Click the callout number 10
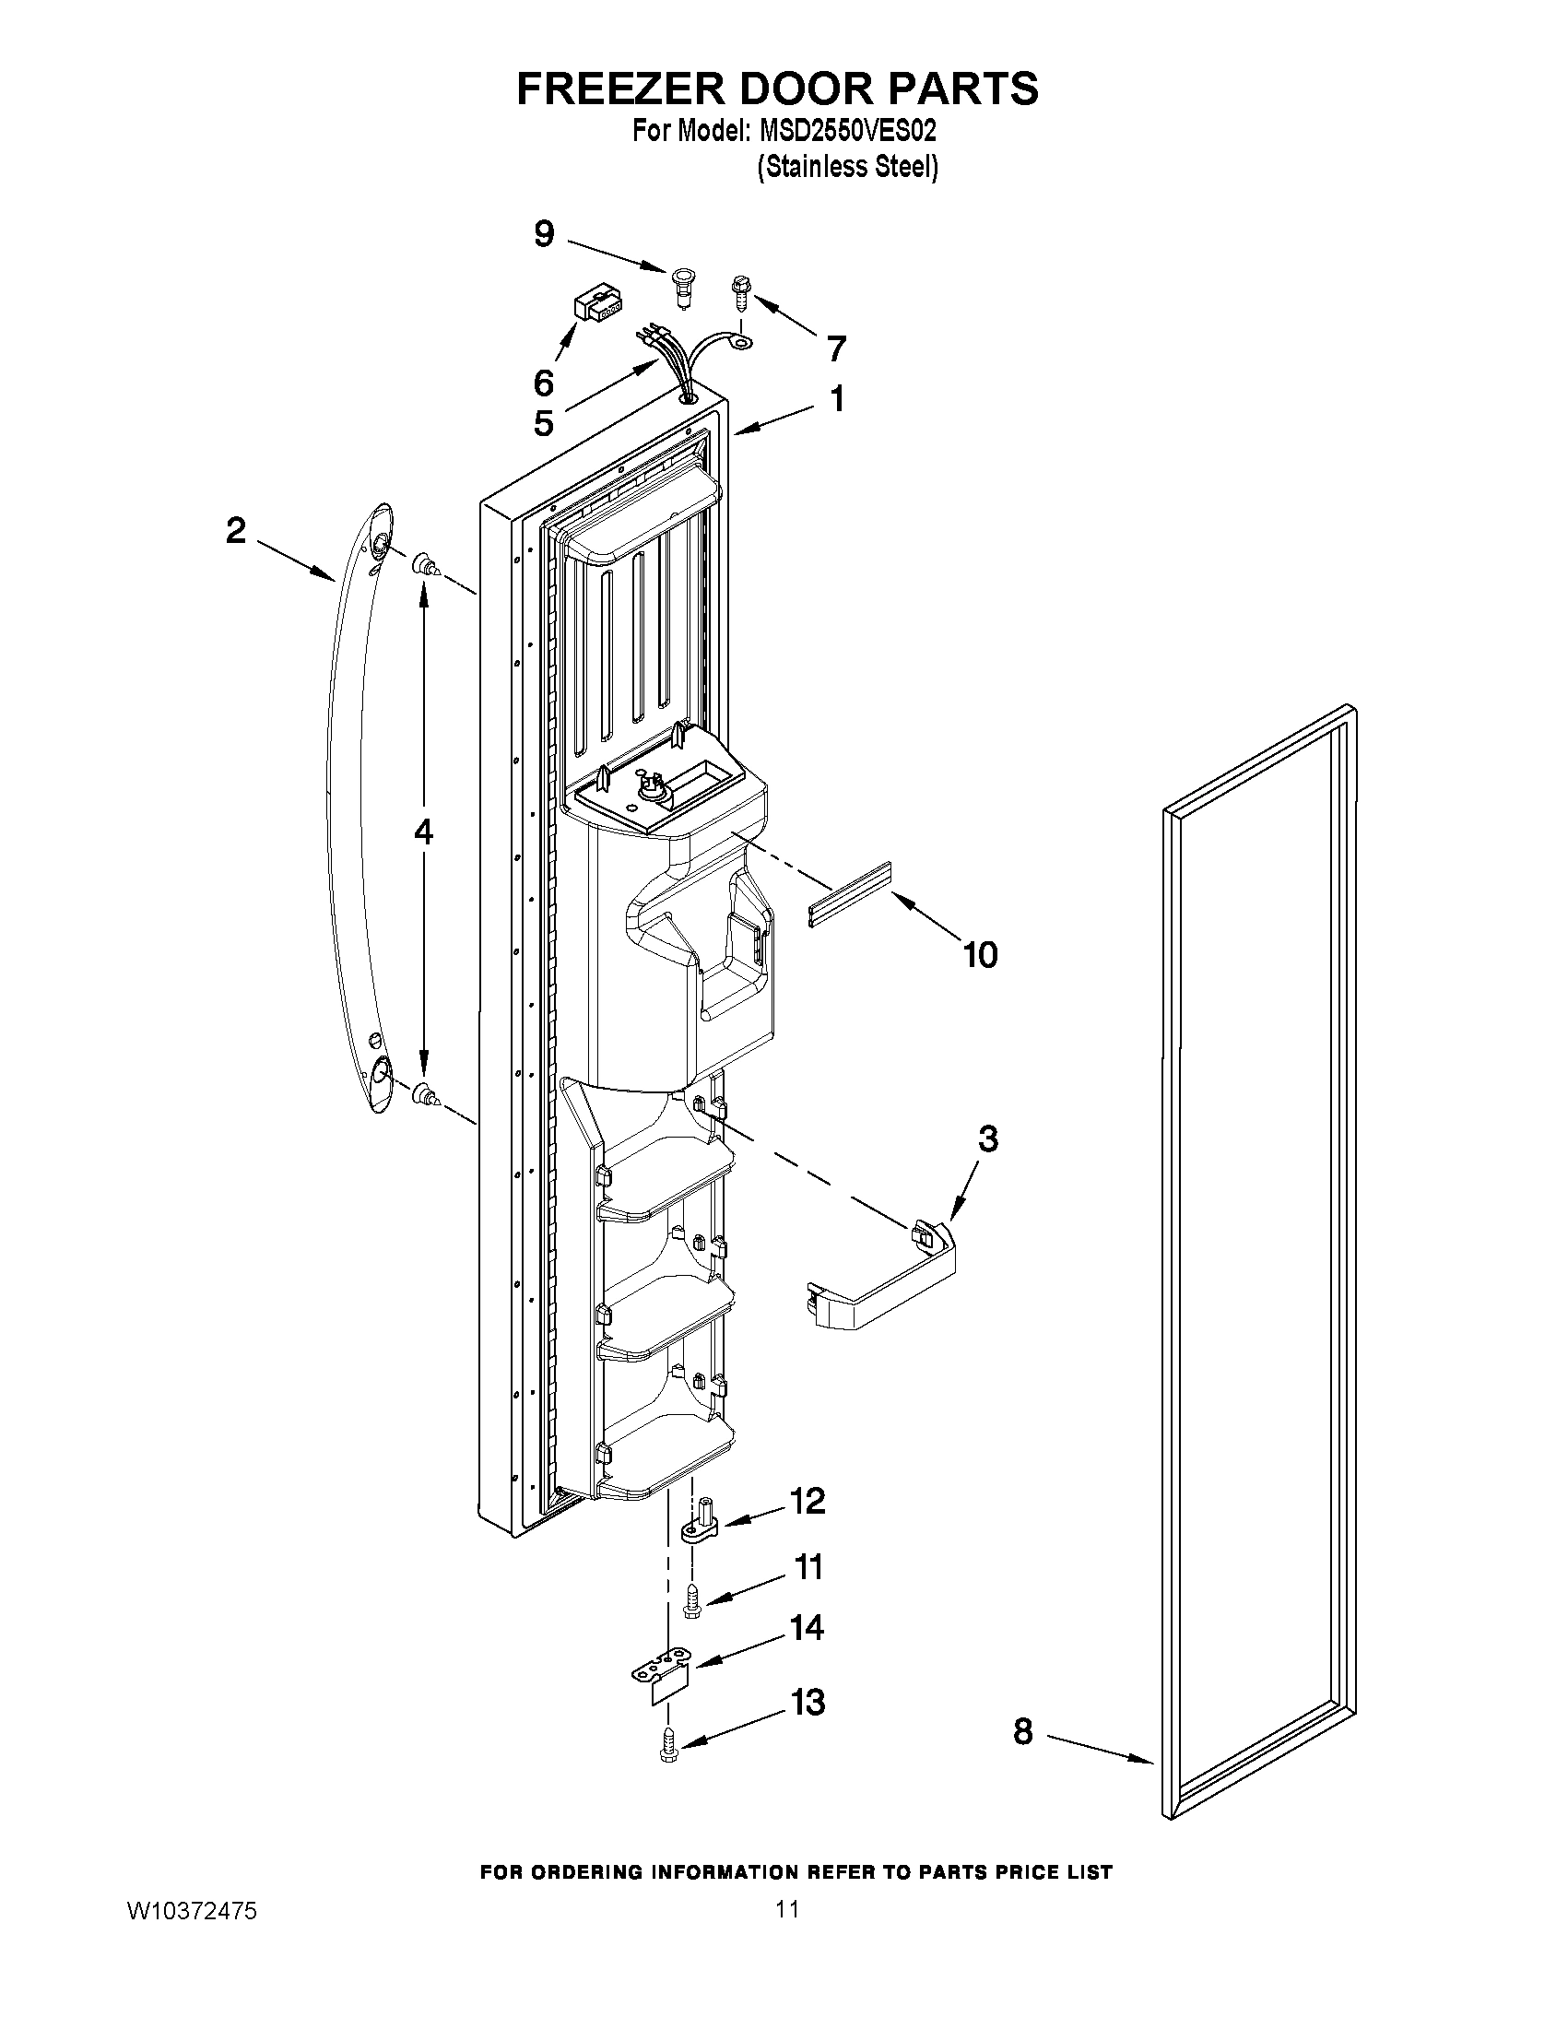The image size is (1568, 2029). point(981,954)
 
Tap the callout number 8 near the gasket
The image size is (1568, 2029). point(1022,1731)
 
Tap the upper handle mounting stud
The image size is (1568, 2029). point(427,564)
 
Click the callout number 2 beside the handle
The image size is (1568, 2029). point(236,531)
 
